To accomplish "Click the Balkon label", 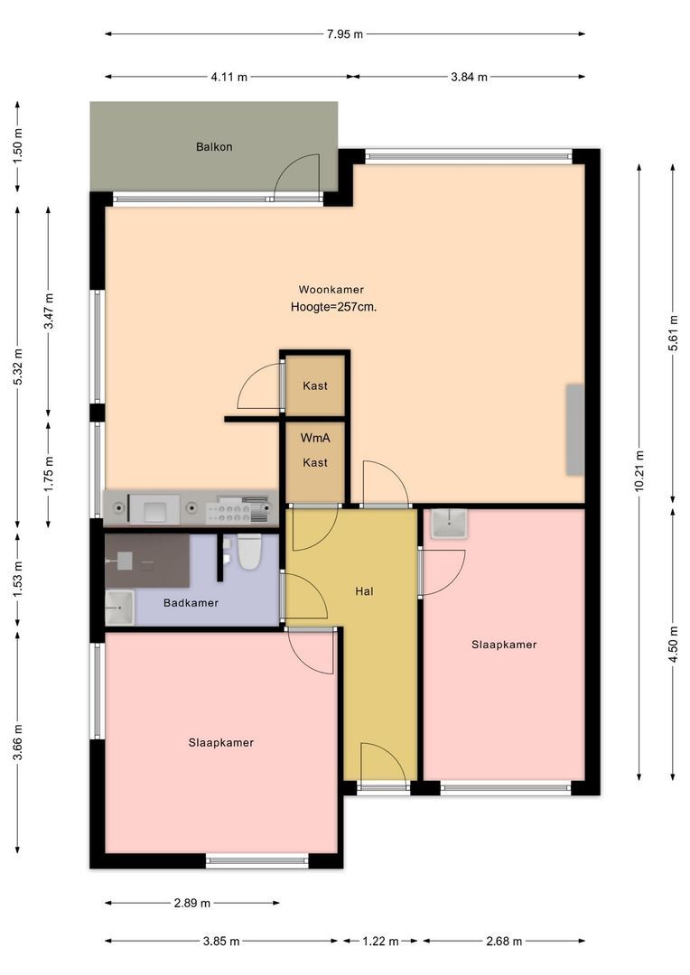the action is [214, 147].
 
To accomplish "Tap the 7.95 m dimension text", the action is [345, 34].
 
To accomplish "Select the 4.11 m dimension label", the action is [229, 77].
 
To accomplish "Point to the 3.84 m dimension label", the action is [469, 77].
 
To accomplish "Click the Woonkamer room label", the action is [331, 289].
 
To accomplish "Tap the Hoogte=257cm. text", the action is [333, 307].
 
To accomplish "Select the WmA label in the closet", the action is [315, 438].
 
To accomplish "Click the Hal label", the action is [365, 591].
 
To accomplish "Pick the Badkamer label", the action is [191, 602].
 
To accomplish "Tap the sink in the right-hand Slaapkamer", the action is [449, 524].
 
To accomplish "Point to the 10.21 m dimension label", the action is [639, 470].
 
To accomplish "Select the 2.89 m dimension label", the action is [192, 903].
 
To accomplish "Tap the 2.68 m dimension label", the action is [504, 942].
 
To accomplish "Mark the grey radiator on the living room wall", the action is [575, 430].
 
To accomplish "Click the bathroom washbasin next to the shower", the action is [119, 608].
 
